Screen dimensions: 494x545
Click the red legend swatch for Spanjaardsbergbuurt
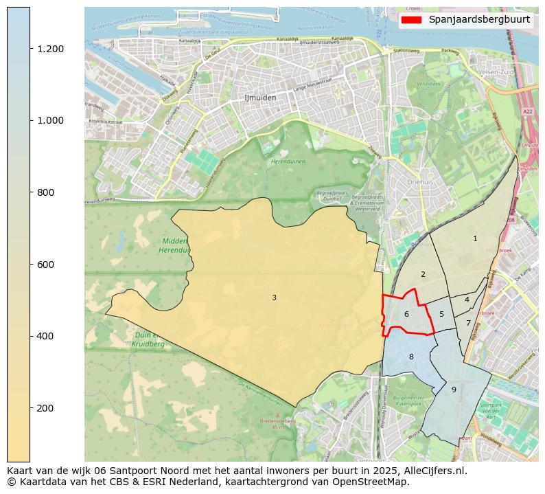(412, 20)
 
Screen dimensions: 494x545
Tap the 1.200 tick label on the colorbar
(50, 49)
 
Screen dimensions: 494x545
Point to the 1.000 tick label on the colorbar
(50, 120)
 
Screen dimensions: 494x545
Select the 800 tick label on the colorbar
(45, 192)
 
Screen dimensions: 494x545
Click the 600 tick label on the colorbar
(45, 265)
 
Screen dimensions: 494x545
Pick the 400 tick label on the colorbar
(45, 336)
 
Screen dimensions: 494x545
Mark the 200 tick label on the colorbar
(45, 408)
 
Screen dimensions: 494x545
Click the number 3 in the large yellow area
(274, 297)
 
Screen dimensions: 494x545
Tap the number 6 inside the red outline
(406, 315)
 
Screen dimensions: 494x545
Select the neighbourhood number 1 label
(475, 238)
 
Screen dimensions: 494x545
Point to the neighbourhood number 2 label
(423, 275)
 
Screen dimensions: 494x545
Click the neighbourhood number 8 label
(411, 357)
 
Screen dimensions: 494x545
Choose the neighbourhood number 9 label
(454, 390)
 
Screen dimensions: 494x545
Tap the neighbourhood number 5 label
(441, 315)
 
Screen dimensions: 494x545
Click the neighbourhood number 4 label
(467, 300)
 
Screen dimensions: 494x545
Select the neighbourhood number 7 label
(468, 323)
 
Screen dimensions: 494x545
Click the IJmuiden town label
(260, 98)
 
